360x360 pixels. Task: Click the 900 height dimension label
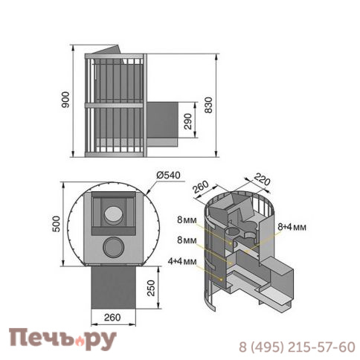tap(65, 100)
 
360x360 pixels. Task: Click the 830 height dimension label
tap(208, 105)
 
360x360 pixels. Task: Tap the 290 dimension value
tap(188, 121)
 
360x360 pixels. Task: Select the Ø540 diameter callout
tap(168, 175)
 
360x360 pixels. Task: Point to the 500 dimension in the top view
tap(57, 224)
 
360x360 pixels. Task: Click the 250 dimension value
tap(151, 288)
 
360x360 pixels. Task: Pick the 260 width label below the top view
tap(112, 318)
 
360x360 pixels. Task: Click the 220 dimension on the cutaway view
tap(262, 179)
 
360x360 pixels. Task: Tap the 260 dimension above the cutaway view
tap(201, 187)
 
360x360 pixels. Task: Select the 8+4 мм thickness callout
tap(292, 227)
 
